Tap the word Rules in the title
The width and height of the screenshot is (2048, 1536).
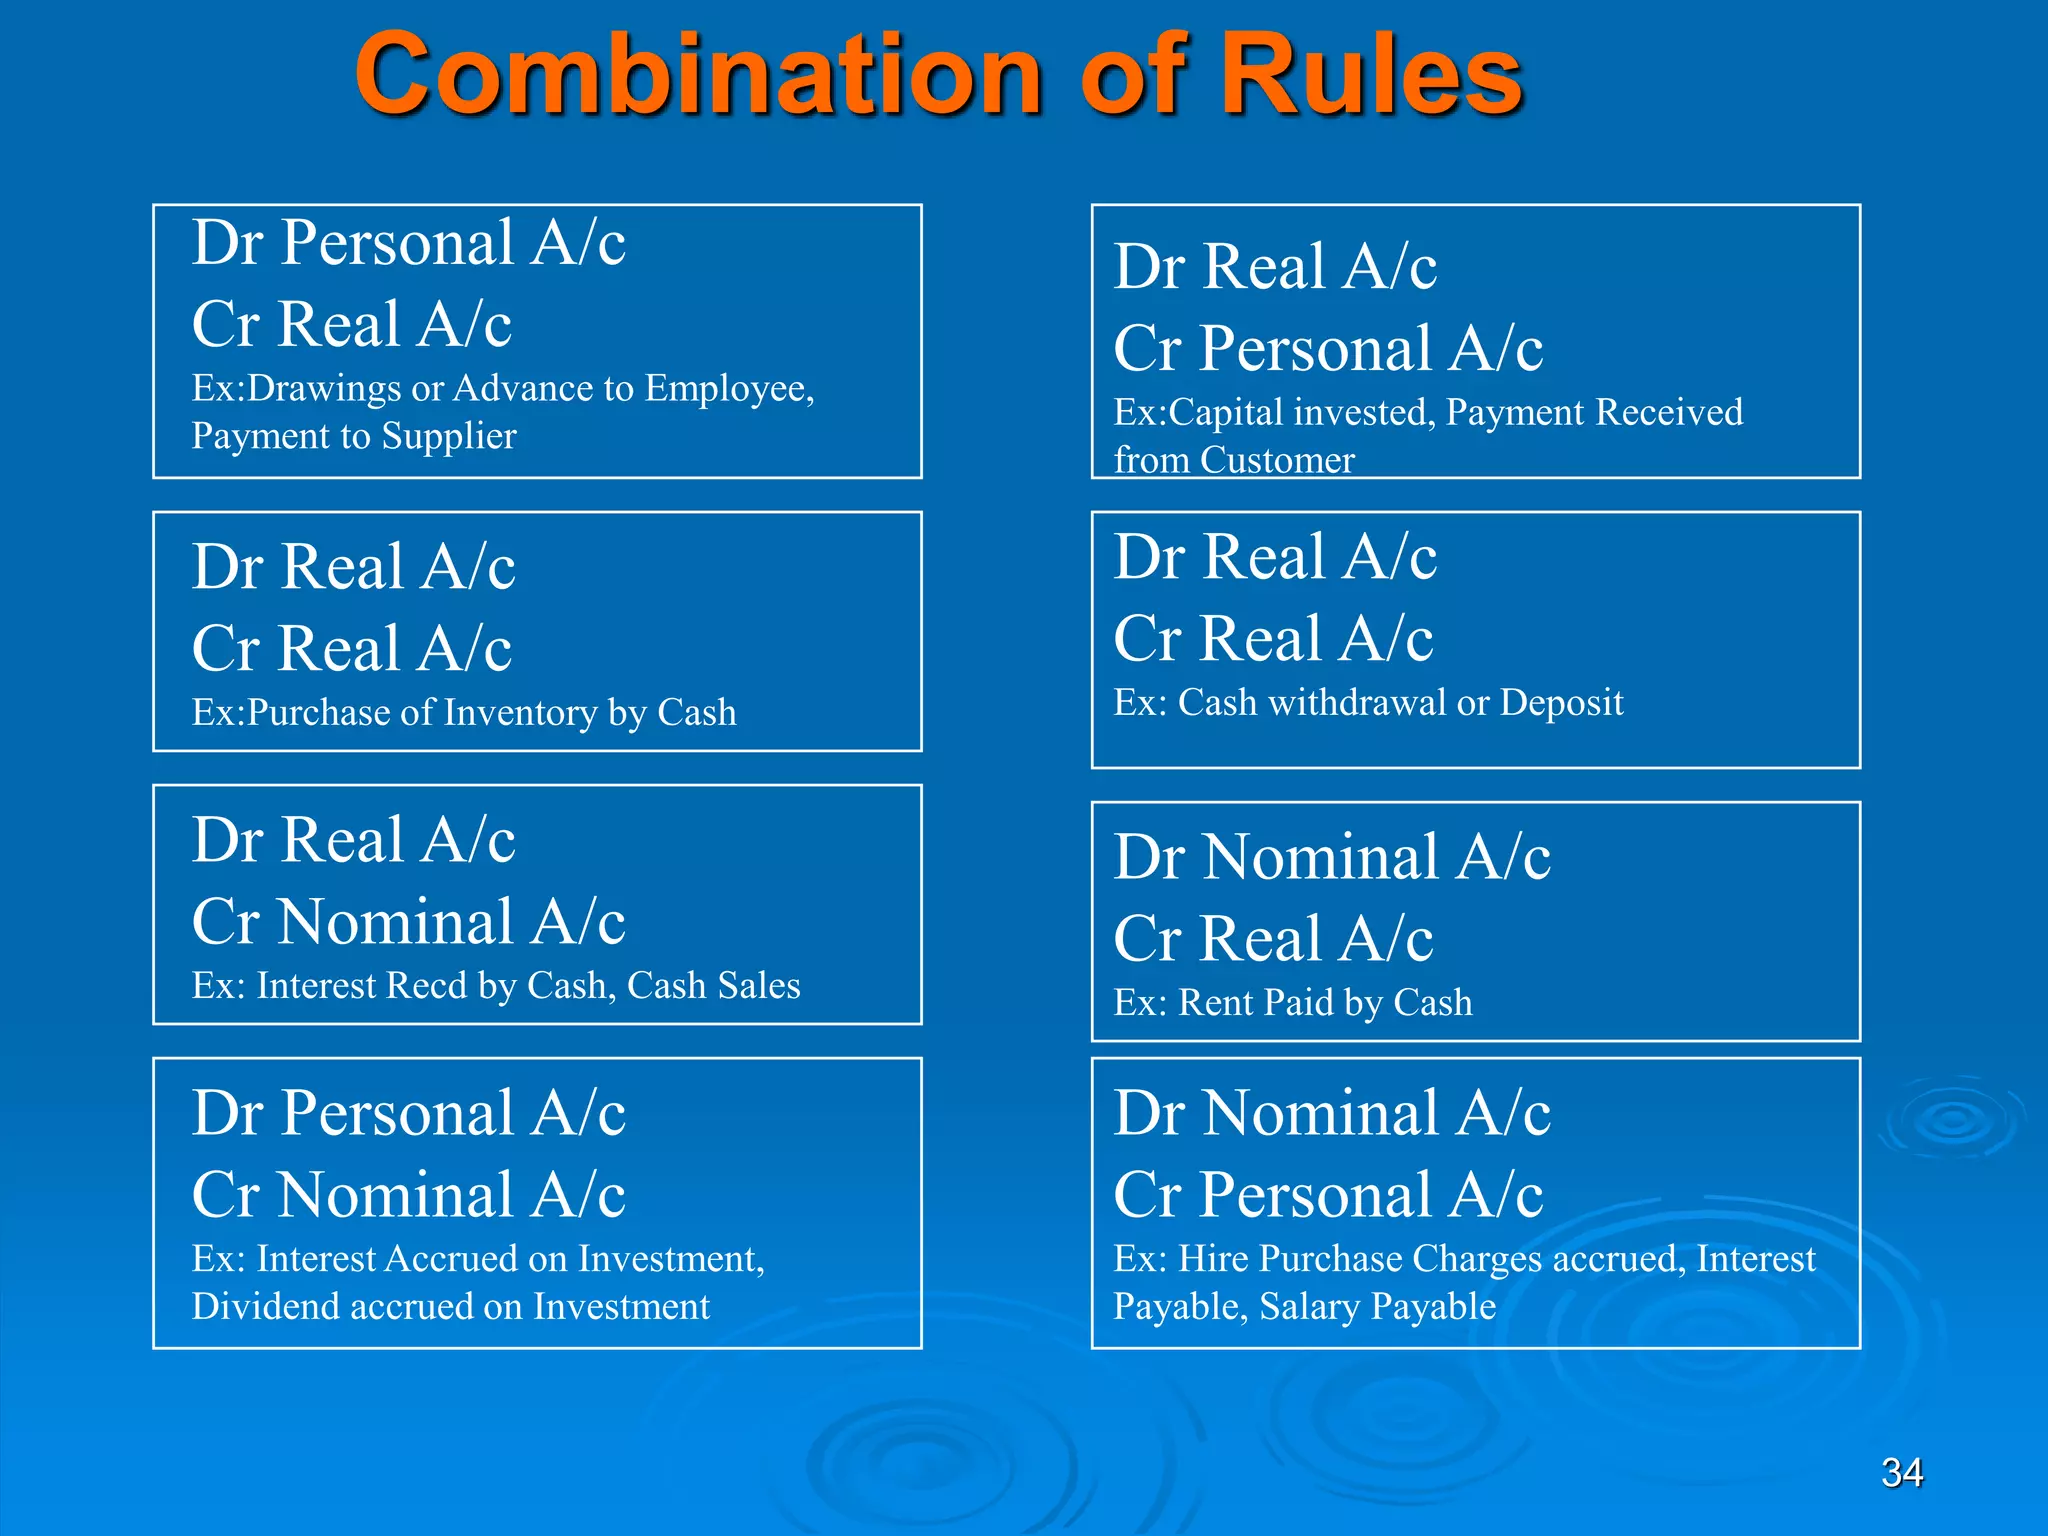pyautogui.click(x=1372, y=76)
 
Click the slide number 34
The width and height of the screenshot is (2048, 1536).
pyautogui.click(x=1901, y=1472)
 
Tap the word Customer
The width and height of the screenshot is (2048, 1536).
pyautogui.click(x=1277, y=461)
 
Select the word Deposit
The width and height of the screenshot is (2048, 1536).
pyautogui.click(x=1561, y=703)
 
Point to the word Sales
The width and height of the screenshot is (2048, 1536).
pyautogui.click(x=757, y=986)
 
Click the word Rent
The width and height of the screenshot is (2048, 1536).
pyautogui.click(x=1216, y=1003)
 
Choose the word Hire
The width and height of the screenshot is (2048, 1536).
pyautogui.click(x=1213, y=1259)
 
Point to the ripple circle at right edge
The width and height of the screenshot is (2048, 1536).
pyautogui.click(x=1952, y=1120)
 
